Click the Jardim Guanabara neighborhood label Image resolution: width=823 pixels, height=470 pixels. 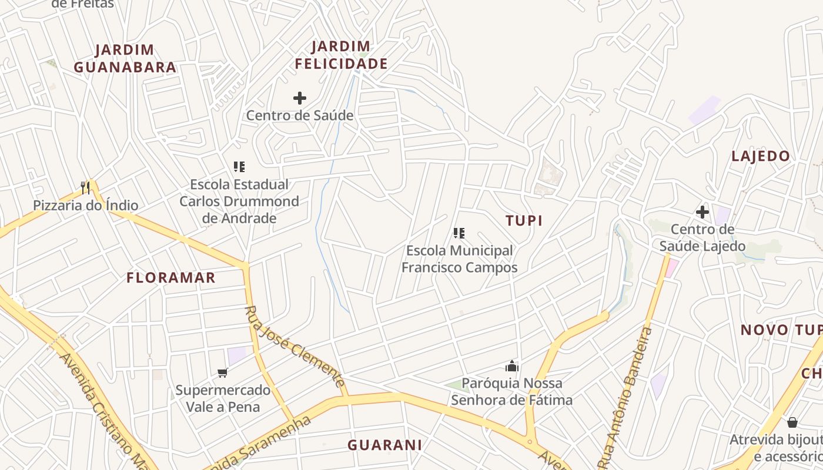[x=125, y=58]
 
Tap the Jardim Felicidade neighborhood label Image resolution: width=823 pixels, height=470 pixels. [x=341, y=55]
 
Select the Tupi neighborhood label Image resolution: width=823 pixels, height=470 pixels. [x=524, y=220]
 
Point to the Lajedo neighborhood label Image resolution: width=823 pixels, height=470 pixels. [x=760, y=156]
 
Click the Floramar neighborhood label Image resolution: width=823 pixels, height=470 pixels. [x=171, y=278]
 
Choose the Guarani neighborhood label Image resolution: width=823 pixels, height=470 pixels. [x=384, y=445]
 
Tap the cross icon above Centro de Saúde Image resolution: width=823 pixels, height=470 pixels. [x=300, y=98]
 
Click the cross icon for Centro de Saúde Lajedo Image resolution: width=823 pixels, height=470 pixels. [x=702, y=212]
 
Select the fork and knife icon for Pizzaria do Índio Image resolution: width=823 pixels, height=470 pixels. [x=86, y=188]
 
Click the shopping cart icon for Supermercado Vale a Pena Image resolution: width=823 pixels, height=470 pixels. [x=223, y=372]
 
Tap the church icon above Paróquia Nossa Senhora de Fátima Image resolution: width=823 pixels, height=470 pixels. [x=511, y=367]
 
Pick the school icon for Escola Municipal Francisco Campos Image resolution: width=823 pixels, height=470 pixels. [x=459, y=233]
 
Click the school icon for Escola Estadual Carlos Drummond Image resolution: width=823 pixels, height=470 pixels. [x=239, y=167]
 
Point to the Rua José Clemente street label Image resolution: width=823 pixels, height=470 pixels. [x=295, y=347]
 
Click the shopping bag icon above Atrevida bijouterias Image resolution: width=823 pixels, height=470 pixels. [x=792, y=422]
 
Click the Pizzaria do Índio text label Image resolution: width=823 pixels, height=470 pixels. [x=86, y=206]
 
